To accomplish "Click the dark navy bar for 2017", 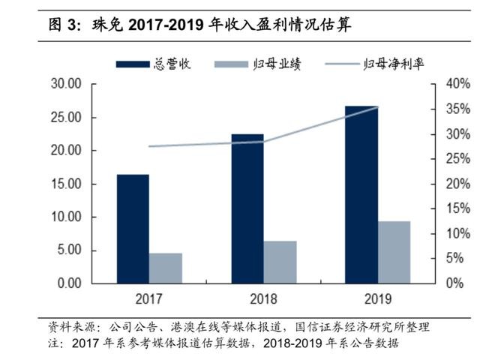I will (132, 229).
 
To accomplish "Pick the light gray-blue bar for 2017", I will (165, 268).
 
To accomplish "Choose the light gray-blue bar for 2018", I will (280, 262).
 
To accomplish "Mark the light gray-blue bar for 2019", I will (394, 252).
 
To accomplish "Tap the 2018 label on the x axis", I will (263, 299).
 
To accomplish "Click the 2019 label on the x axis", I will (377, 299).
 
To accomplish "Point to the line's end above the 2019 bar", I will (377, 107).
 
